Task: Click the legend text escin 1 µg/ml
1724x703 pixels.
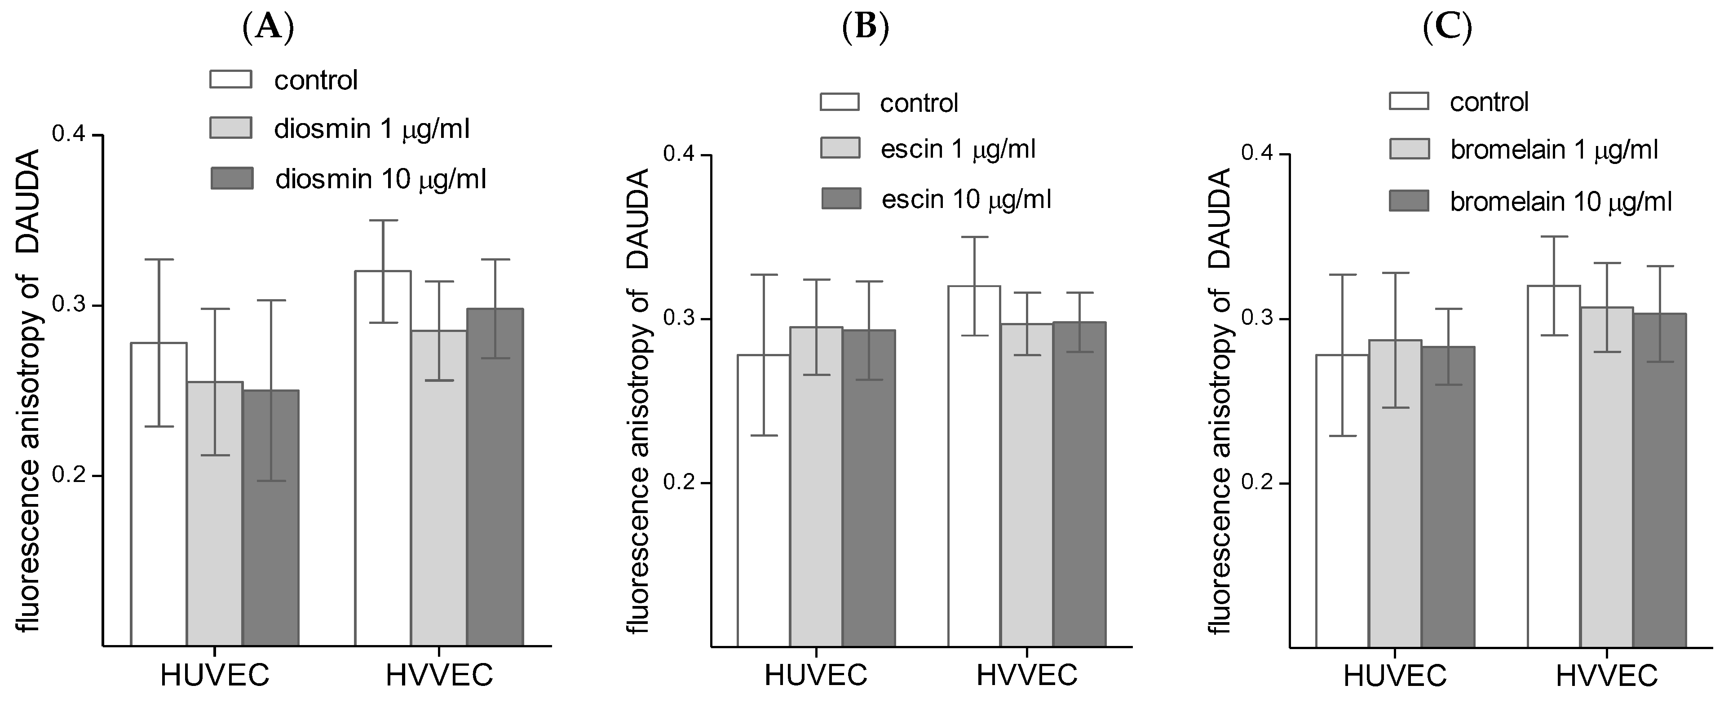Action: [958, 149]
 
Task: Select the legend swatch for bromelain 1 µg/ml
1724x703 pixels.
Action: [1409, 149]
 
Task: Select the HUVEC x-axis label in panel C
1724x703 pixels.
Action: [1395, 676]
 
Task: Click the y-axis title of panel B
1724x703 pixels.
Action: [640, 402]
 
